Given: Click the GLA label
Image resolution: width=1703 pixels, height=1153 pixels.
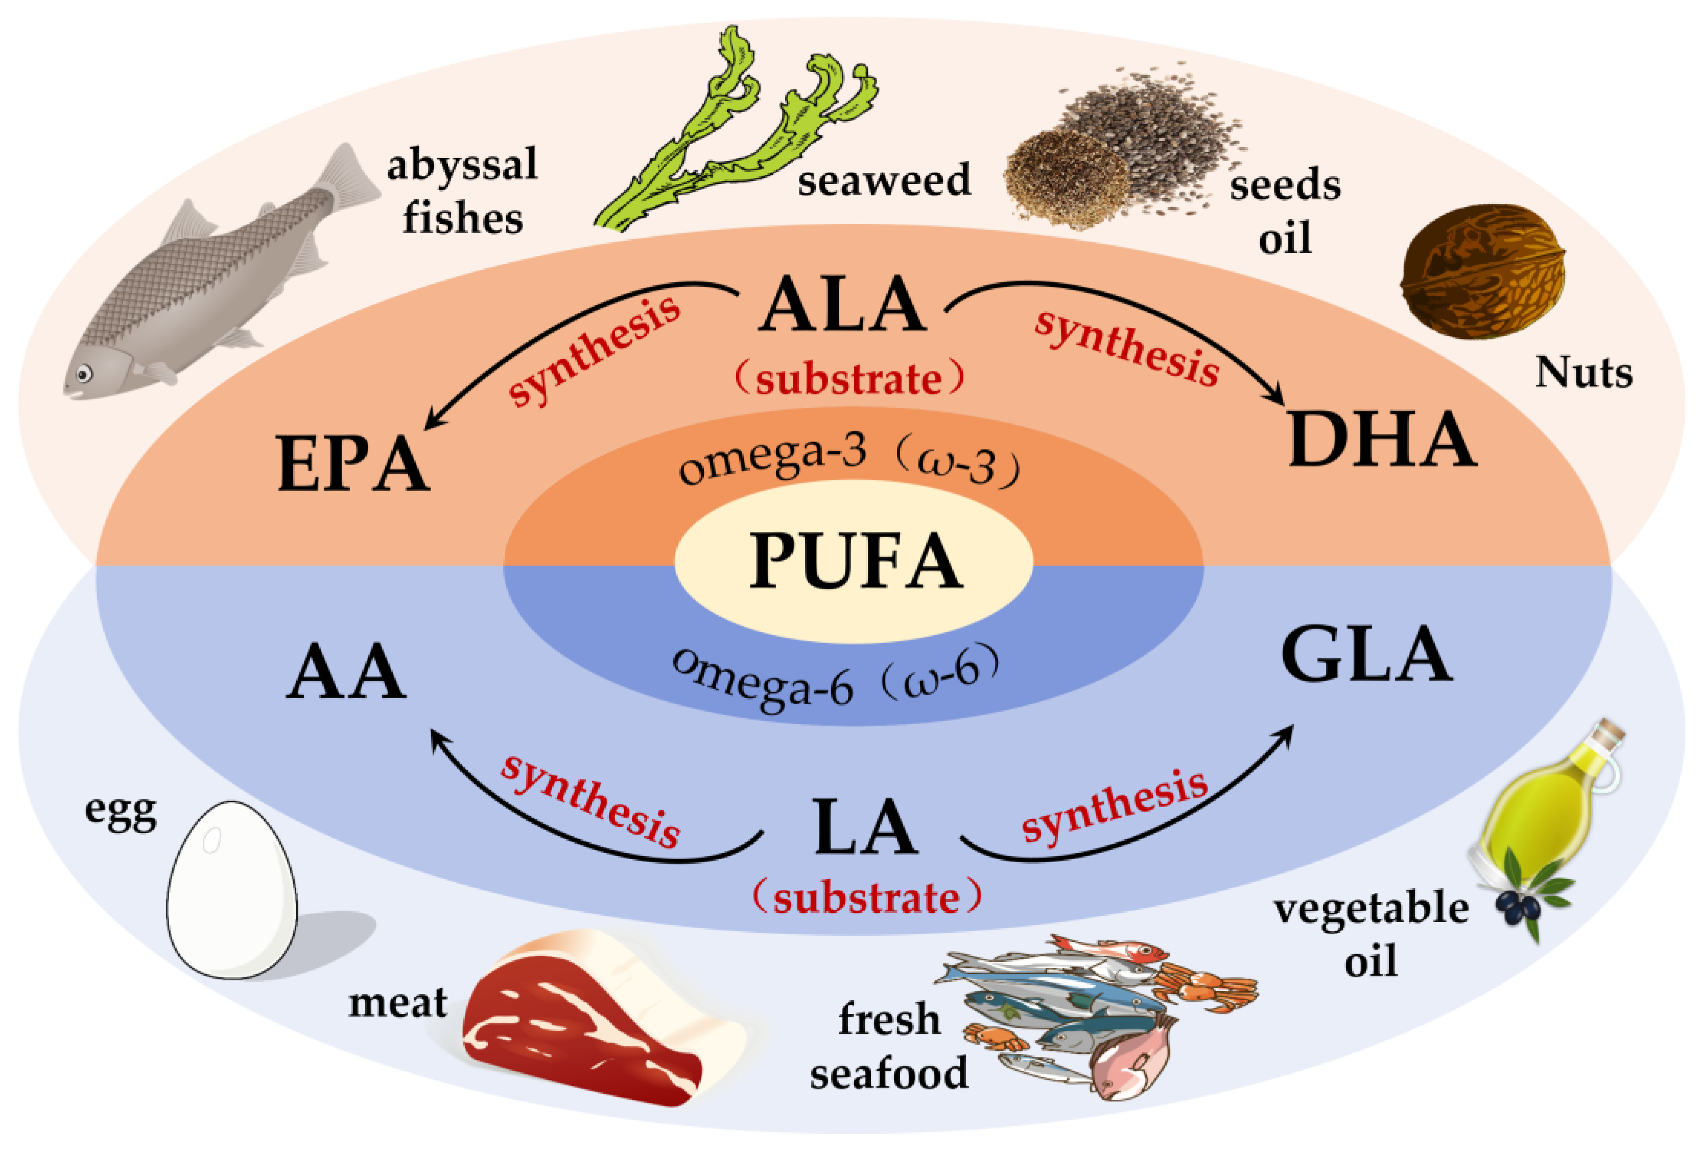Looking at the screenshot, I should point(1367,655).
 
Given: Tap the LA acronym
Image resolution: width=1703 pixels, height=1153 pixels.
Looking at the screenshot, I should point(865,828).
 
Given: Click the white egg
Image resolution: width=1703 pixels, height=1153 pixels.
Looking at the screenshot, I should point(231,891).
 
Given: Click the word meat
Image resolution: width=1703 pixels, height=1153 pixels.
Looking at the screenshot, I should point(397,1003).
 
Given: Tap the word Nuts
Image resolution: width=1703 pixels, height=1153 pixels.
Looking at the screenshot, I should point(1583,373).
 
